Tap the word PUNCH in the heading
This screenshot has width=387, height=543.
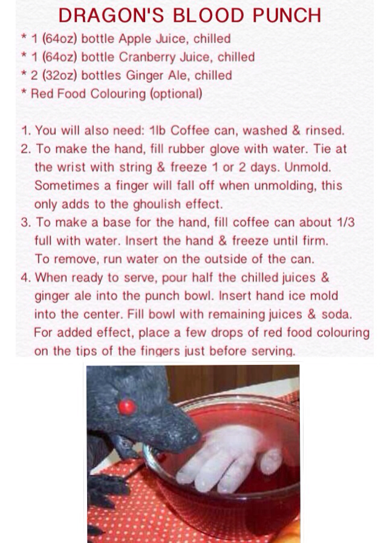(287, 16)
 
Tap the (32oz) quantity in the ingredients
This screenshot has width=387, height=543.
(59, 76)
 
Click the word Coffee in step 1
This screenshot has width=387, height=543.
(190, 131)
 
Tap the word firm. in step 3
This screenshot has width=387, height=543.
(316, 240)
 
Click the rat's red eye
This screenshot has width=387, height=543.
(127, 407)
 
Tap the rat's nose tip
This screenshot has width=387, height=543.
(197, 436)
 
